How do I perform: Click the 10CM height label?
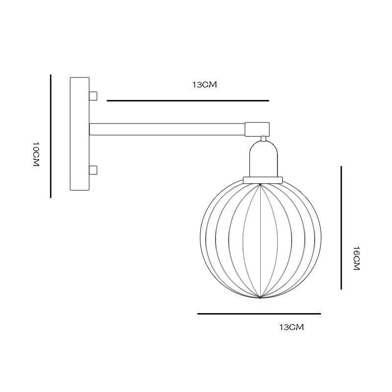(x=35, y=155)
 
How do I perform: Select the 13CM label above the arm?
(x=204, y=85)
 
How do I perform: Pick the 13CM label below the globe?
(x=292, y=327)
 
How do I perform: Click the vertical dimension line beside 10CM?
(x=50, y=136)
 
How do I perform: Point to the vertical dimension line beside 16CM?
(x=341, y=228)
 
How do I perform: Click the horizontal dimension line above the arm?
(x=188, y=101)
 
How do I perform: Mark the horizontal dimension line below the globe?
(x=259, y=314)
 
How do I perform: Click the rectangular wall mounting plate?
(x=79, y=134)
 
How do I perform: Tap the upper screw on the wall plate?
(x=93, y=96)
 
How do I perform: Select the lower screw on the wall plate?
(x=93, y=171)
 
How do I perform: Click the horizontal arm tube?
(x=167, y=129)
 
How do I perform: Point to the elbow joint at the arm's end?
(x=257, y=129)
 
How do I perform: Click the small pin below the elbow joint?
(x=264, y=139)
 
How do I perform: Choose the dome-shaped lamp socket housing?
(x=264, y=159)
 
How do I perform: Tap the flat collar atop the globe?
(x=264, y=180)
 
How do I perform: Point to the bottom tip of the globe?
(x=260, y=297)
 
